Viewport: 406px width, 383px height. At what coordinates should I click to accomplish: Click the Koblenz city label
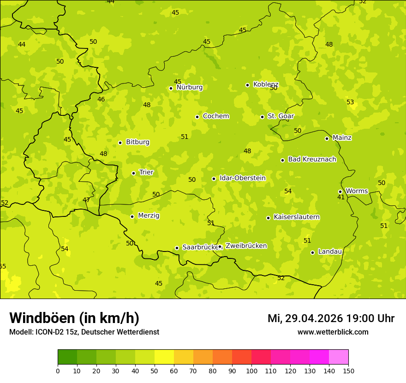click(266, 84)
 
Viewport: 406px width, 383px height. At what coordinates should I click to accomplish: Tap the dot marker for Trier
click(134, 173)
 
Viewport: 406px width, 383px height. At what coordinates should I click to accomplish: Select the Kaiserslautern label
click(297, 217)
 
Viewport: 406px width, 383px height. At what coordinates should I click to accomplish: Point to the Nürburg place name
click(189, 87)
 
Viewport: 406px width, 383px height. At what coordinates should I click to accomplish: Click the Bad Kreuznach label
click(312, 159)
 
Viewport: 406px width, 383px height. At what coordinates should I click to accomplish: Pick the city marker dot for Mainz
click(327, 138)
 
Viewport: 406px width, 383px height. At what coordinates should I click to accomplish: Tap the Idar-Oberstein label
click(242, 178)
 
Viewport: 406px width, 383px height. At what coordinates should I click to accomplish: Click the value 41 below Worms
click(341, 197)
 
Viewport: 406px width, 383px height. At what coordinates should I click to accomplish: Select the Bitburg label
click(137, 142)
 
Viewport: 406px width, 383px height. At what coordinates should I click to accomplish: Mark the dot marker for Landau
click(312, 252)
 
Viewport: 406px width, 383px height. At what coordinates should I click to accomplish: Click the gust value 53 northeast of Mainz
click(350, 102)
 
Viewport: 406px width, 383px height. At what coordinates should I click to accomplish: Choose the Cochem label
click(216, 116)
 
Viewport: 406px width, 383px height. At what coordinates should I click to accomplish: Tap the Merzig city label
click(149, 215)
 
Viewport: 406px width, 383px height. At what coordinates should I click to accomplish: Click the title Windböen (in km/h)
click(74, 318)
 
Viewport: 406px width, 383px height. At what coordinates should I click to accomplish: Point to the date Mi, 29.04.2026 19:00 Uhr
click(331, 318)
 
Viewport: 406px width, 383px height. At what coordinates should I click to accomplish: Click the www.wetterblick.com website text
click(333, 332)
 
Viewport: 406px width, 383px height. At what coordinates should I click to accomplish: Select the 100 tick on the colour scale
click(251, 371)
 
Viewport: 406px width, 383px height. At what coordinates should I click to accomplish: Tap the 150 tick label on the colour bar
click(348, 371)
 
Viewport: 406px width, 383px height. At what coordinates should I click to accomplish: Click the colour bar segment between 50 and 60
click(164, 357)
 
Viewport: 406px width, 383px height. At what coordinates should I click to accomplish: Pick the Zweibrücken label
click(246, 246)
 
